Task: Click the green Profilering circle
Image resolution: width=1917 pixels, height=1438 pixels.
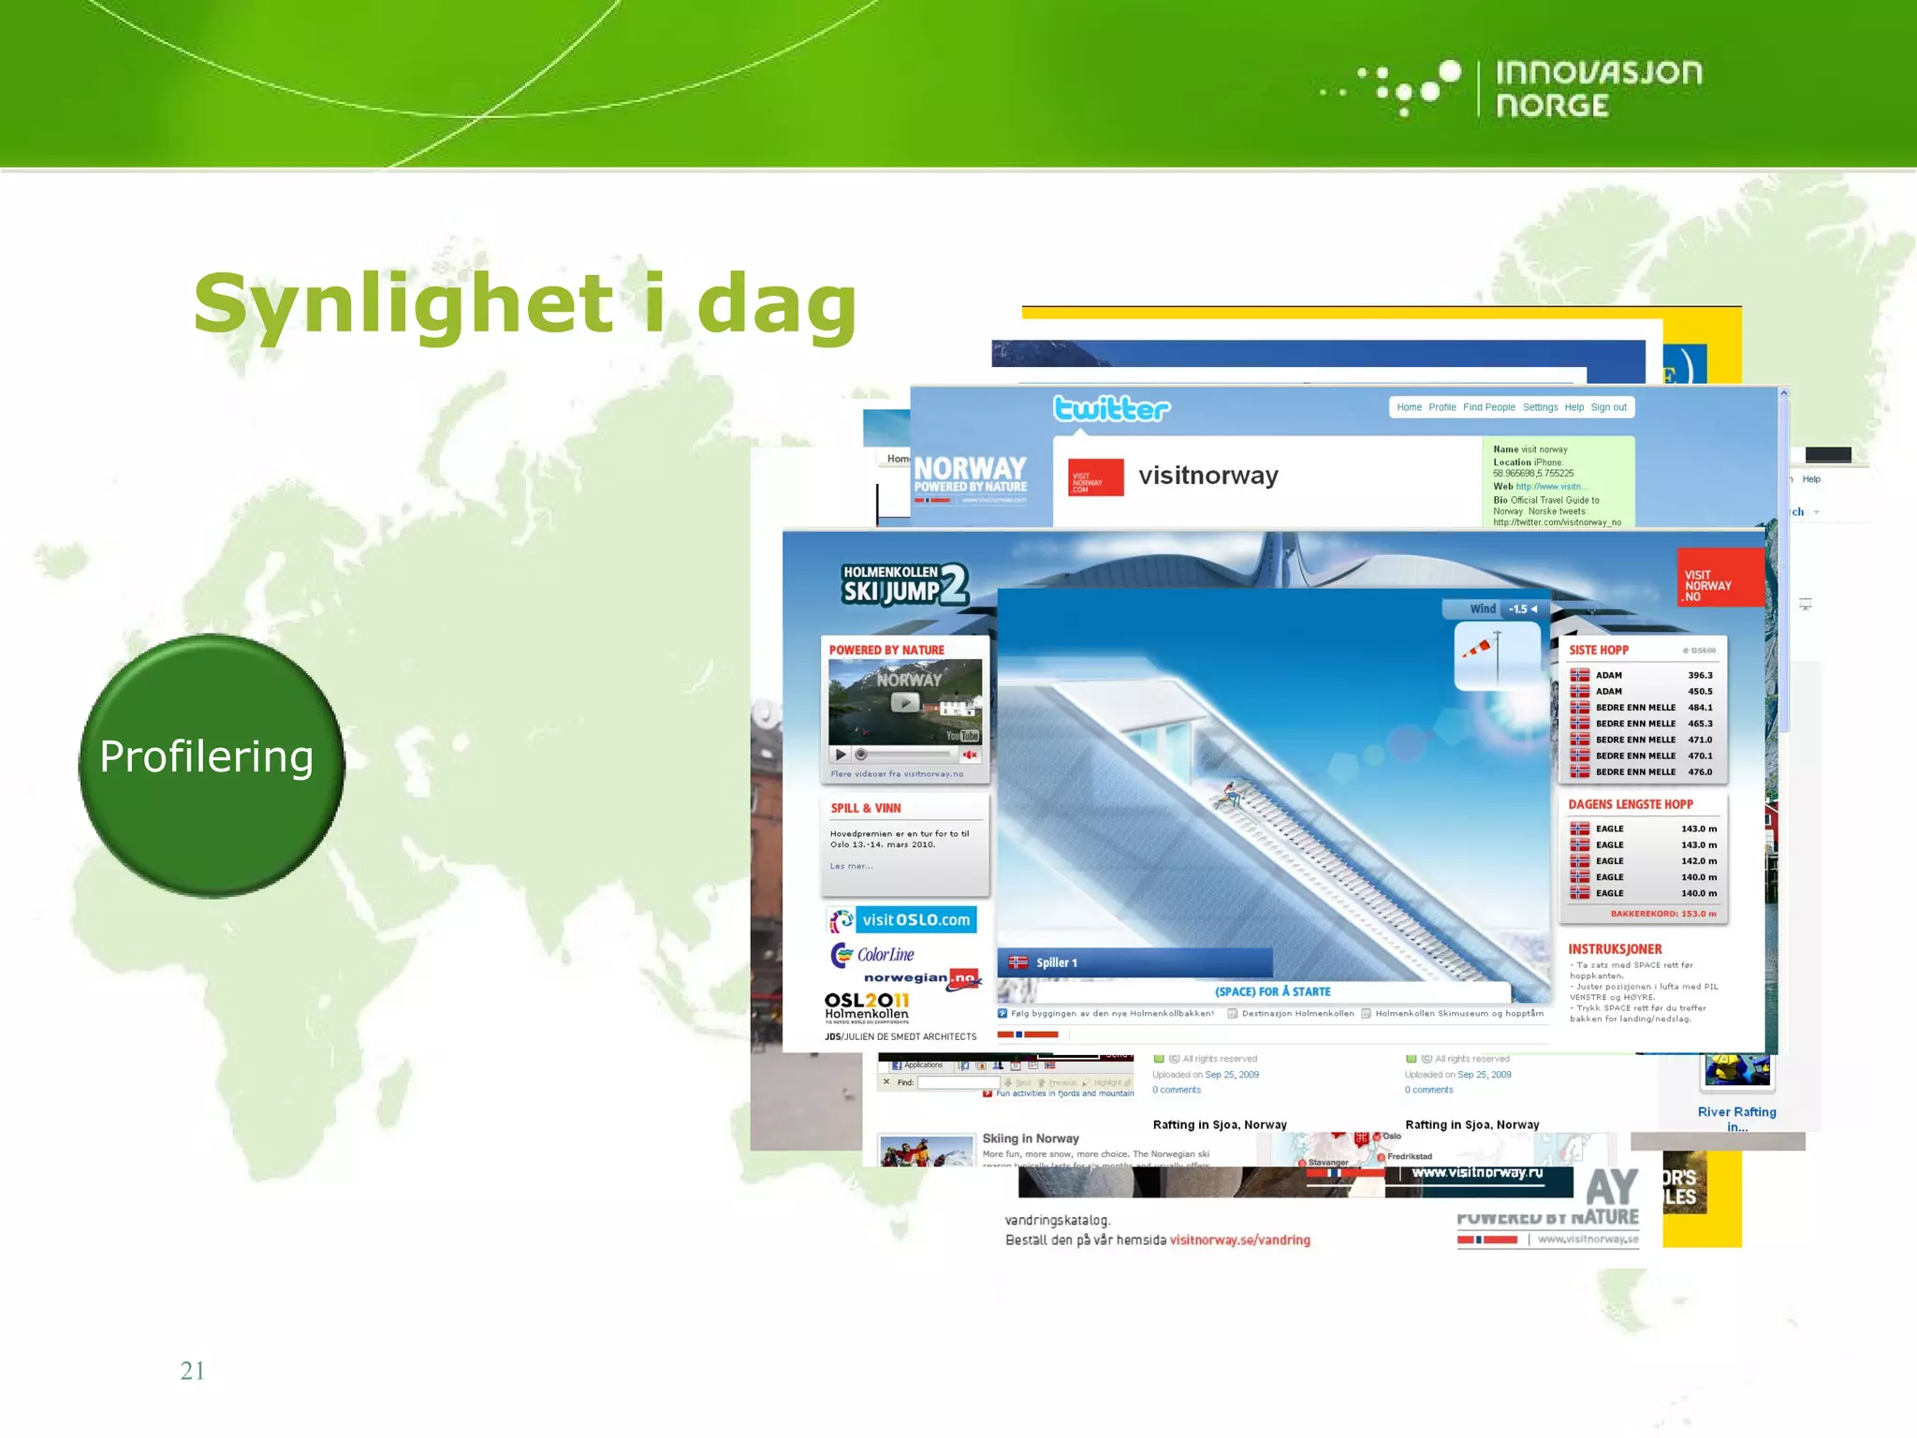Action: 212,766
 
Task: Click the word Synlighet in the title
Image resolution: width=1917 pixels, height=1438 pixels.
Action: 402,304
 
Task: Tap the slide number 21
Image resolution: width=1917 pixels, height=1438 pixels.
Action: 192,1371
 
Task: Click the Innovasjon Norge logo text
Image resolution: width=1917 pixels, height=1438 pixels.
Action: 1598,89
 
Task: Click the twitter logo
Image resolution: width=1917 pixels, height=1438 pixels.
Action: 1111,409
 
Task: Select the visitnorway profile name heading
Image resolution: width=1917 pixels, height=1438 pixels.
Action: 1207,476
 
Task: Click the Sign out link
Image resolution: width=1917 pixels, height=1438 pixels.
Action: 1608,407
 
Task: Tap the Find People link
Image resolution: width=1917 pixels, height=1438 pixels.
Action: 1488,407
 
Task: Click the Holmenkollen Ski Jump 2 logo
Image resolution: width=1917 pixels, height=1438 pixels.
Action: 903,584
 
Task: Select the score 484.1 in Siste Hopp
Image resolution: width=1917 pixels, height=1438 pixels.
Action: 1700,708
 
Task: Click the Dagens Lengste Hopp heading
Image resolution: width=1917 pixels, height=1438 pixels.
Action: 1630,804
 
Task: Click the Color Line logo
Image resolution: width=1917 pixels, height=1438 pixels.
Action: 873,954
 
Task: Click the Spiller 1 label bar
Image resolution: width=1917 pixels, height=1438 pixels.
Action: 1134,962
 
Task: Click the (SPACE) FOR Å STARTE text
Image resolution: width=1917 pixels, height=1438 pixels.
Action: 1272,991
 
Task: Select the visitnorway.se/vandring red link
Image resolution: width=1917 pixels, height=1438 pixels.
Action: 1239,1240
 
